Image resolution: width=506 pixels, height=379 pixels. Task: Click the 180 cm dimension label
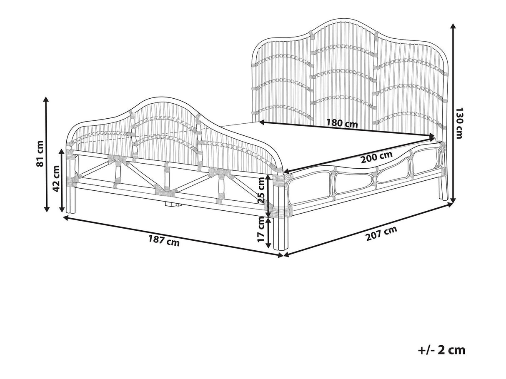pyautogui.click(x=342, y=123)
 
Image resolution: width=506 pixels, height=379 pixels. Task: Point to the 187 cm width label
pyautogui.click(x=164, y=240)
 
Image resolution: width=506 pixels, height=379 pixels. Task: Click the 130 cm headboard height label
pyautogui.click(x=459, y=123)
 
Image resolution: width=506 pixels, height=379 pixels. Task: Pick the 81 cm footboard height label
pyautogui.click(x=40, y=154)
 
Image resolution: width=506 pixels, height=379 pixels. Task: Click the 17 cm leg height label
pyautogui.click(x=261, y=229)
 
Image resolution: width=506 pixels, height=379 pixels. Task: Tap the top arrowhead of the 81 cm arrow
pyautogui.click(x=46, y=99)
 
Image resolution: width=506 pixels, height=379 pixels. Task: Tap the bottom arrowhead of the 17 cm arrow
pyautogui.click(x=268, y=245)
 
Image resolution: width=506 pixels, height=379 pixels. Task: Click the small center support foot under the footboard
pyautogui.click(x=172, y=204)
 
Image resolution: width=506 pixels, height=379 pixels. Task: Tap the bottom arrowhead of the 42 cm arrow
pyautogui.click(x=62, y=209)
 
